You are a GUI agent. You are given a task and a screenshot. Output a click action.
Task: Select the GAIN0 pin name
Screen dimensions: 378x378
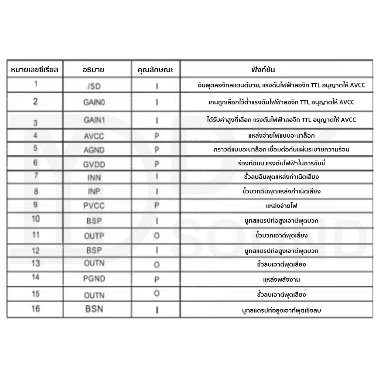94,102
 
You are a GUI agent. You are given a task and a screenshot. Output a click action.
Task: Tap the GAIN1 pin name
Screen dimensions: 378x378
94,120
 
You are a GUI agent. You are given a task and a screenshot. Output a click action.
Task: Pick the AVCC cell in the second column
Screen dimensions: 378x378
94,136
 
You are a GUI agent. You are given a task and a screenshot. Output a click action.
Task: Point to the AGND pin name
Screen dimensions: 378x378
94,150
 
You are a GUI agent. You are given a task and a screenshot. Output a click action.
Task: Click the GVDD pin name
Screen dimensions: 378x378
94,164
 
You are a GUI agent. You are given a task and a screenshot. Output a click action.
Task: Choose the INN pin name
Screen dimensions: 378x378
94,178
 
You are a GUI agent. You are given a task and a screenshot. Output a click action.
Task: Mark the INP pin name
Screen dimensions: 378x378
94,192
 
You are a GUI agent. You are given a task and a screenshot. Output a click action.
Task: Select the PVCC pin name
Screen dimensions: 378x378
94,206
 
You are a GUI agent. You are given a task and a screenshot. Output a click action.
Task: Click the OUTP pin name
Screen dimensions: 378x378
94,236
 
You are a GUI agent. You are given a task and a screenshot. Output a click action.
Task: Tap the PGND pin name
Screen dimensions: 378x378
94,279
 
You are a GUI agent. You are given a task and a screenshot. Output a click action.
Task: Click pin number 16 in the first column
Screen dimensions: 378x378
35,309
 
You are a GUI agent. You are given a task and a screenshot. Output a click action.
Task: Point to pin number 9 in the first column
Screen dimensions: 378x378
35,204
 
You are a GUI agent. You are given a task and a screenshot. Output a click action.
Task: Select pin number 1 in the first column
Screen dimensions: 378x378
36,84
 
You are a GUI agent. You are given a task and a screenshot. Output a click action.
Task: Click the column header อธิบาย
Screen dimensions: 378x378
93,70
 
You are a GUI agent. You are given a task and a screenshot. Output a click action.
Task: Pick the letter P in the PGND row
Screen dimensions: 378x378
157,280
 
